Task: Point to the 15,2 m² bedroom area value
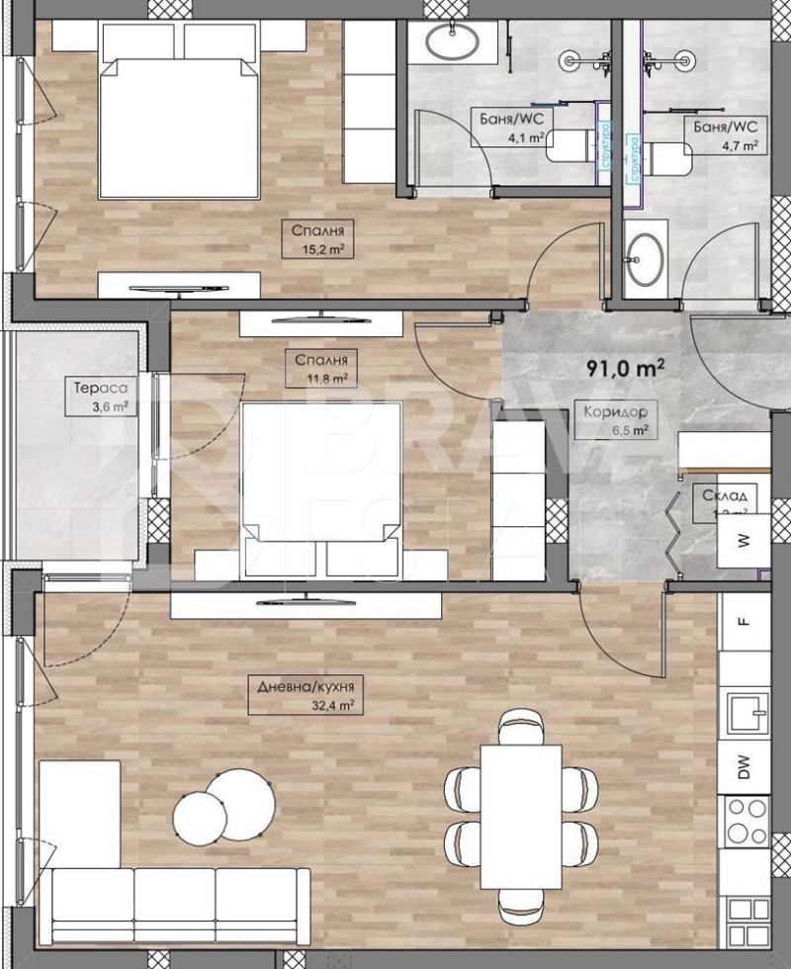pyautogui.click(x=322, y=251)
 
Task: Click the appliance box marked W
pyautogui.click(x=745, y=540)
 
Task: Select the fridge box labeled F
pyautogui.click(x=745, y=623)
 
